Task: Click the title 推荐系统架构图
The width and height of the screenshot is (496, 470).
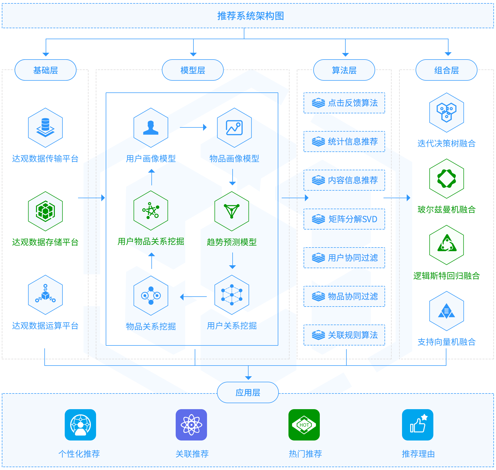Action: [x=251, y=16]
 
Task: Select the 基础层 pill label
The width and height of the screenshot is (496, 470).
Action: [x=45, y=70]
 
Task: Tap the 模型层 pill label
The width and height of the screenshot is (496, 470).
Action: [x=193, y=70]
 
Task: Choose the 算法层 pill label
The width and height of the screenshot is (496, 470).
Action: [x=344, y=70]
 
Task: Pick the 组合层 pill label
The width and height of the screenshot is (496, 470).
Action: [x=446, y=70]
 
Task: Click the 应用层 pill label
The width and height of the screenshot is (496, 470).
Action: [x=248, y=392]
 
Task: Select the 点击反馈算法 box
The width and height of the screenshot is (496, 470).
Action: [x=344, y=103]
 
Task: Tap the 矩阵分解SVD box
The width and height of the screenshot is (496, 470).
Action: [x=344, y=219]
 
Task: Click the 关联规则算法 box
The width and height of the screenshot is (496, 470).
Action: [x=344, y=335]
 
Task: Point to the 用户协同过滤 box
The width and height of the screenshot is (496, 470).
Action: [x=344, y=258]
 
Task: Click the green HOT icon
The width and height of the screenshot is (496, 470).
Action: [x=304, y=425]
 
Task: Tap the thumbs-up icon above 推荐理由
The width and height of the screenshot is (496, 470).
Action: [x=418, y=425]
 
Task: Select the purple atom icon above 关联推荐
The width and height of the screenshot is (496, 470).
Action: [x=191, y=425]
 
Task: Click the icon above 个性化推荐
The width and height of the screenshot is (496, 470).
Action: [x=80, y=425]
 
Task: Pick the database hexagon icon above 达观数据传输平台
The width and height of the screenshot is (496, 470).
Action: [x=45, y=128]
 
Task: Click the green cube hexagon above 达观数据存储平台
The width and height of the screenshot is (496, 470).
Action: [x=45, y=211]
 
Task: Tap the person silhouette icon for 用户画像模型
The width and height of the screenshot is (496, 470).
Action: [x=151, y=128]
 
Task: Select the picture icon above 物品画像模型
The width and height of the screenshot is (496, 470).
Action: [x=234, y=128]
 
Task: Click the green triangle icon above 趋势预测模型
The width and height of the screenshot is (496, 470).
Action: [x=232, y=211]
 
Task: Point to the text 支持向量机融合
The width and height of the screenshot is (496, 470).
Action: [x=446, y=342]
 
